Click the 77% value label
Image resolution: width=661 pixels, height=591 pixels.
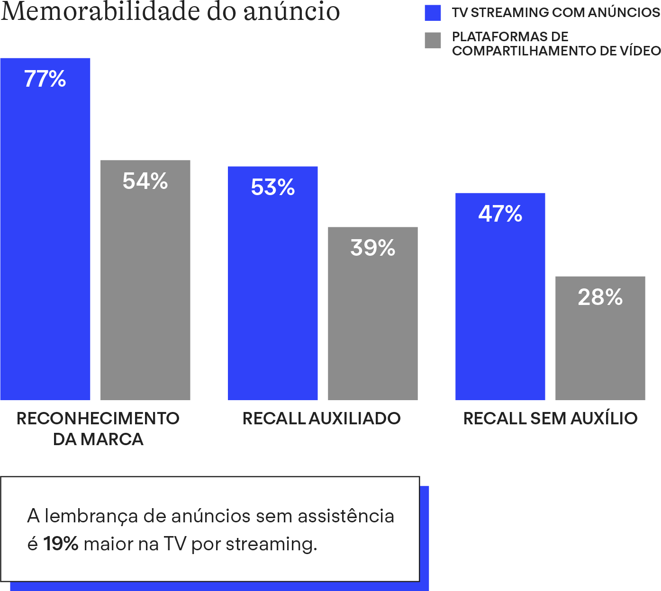click(x=45, y=79)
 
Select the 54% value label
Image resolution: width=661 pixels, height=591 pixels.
click(x=145, y=181)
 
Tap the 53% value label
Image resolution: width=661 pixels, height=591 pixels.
click(x=273, y=188)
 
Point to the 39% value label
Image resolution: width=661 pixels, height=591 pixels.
click(x=373, y=248)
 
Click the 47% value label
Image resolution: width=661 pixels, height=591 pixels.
click(x=500, y=214)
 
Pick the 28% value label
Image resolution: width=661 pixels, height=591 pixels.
click(x=600, y=297)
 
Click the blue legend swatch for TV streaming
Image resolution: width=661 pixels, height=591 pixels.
click(x=433, y=13)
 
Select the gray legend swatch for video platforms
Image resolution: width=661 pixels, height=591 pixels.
click(x=433, y=40)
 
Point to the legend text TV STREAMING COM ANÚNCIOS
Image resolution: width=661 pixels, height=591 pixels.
click(x=556, y=13)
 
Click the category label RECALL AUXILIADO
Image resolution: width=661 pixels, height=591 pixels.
click(x=322, y=419)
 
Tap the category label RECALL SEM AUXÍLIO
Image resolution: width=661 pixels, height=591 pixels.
click(x=550, y=419)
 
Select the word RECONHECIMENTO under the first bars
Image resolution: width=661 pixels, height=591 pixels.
click(x=98, y=419)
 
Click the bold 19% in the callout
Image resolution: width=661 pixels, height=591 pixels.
click(x=61, y=544)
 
